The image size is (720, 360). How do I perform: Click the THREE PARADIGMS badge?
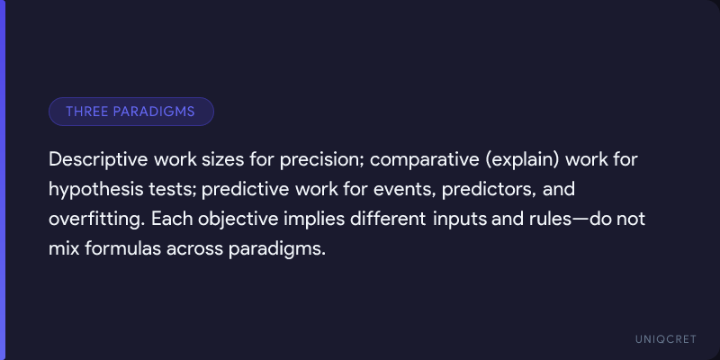[x=131, y=112]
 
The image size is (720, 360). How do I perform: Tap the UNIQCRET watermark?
[x=666, y=339]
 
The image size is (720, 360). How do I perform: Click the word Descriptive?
[x=98, y=160]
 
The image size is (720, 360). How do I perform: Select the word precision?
[x=320, y=161]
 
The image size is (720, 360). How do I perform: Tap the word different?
[x=388, y=219]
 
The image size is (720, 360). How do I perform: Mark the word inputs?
[x=459, y=220]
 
